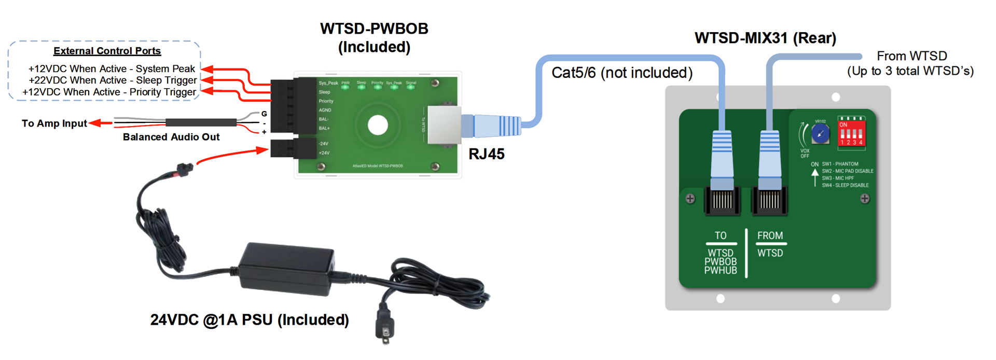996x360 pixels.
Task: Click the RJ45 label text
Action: pos(486,154)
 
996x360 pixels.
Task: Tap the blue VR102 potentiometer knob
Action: pos(820,134)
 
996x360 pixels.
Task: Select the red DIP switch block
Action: pos(851,132)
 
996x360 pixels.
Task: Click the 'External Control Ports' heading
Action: pos(107,51)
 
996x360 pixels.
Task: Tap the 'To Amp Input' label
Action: pos(54,123)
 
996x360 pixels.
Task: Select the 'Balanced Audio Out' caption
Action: pos(171,137)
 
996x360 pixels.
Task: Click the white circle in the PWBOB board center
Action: pos(378,125)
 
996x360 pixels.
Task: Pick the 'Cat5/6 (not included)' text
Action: pos(622,73)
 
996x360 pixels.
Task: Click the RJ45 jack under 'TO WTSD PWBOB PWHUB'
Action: pos(722,200)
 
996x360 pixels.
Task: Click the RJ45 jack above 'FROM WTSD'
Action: pos(770,200)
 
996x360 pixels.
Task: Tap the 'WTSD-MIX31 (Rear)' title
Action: pos(765,38)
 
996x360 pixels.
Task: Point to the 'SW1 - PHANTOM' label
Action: pos(840,164)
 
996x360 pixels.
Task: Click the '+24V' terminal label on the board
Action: pos(324,153)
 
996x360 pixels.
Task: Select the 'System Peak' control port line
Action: pos(112,68)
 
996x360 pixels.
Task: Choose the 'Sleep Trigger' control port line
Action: pos(113,80)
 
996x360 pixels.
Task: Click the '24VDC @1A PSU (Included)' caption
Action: pos(250,320)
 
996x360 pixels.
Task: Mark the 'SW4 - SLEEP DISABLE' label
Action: pos(845,185)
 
